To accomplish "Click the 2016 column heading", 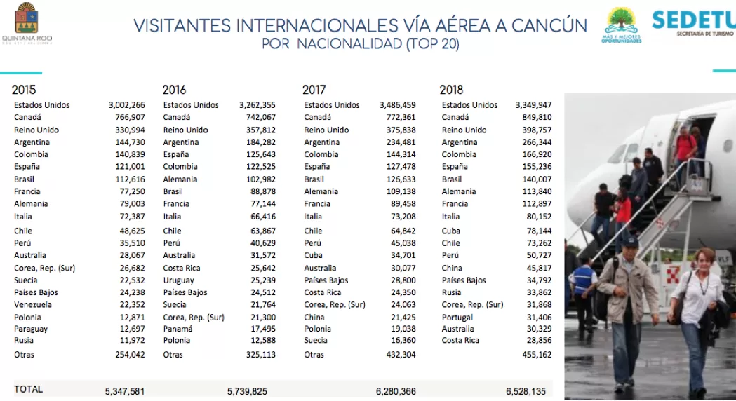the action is click(174, 90).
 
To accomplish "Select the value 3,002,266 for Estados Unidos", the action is click(127, 105).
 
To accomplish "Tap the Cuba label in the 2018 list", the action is click(450, 231).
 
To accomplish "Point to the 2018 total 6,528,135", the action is click(526, 391).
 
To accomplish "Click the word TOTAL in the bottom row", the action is click(28, 389).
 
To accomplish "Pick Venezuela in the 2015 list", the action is click(33, 304).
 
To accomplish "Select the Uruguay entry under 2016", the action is click(178, 280).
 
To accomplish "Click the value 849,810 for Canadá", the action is click(537, 117).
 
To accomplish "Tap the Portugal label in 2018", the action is click(457, 318).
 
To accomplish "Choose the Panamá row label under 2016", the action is click(178, 329).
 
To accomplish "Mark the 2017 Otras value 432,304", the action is click(401, 355).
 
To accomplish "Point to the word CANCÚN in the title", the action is click(549, 25).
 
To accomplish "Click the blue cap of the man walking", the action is click(629, 242).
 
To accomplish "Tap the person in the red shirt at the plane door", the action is click(685, 148).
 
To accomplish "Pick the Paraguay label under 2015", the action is click(31, 329).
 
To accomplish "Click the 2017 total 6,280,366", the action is click(396, 391).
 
